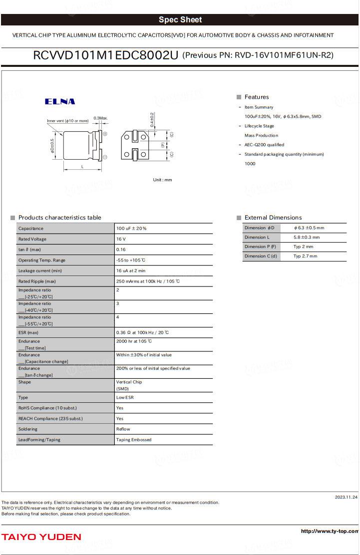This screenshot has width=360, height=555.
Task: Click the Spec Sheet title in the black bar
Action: pyautogui.click(x=180, y=20)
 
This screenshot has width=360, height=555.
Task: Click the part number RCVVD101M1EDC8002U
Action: pyautogui.click(x=105, y=55)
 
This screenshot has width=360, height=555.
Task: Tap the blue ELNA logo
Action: pyautogui.click(x=60, y=102)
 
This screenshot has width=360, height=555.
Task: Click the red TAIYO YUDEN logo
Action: pyautogui.click(x=41, y=537)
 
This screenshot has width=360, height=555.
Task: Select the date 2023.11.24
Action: pyautogui.click(x=346, y=497)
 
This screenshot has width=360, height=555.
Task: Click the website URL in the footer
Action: pyautogui.click(x=330, y=531)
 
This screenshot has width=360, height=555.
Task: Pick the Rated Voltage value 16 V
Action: pyautogui.click(x=121, y=239)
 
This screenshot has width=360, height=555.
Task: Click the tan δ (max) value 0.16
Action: pyautogui.click(x=121, y=250)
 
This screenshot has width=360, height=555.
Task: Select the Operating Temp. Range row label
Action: pyautogui.click(x=42, y=260)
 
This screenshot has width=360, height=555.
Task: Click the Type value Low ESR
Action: pyautogui.click(x=125, y=398)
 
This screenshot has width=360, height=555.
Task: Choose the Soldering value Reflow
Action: pyautogui.click(x=123, y=429)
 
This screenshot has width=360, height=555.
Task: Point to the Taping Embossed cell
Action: pyautogui.click(x=134, y=440)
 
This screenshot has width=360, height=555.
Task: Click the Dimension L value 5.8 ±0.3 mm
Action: pyautogui.click(x=307, y=238)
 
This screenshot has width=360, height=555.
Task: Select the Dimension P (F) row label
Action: pyautogui.click(x=260, y=247)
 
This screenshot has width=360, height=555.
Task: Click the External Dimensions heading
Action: pyautogui.click(x=273, y=218)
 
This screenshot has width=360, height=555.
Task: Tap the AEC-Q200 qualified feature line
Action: pyautogui.click(x=264, y=145)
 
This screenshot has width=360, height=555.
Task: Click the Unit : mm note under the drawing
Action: pyautogui.click(x=162, y=180)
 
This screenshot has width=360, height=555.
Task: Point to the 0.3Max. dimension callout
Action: pyautogui.click(x=100, y=118)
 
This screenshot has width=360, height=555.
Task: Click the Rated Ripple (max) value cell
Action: pyautogui.click(x=148, y=281)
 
